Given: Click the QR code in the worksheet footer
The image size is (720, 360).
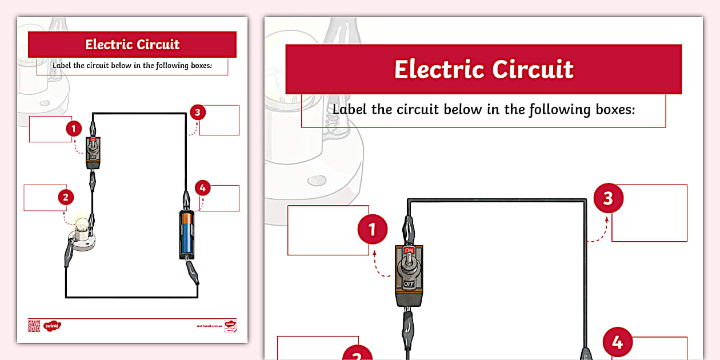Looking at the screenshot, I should click(34, 326).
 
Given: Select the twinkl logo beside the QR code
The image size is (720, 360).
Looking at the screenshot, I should click(52, 326).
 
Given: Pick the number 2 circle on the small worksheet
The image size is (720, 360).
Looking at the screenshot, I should click(66, 198).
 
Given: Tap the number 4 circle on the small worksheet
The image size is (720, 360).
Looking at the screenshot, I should click(202, 187).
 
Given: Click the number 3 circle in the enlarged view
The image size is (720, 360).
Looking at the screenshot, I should click(608, 198).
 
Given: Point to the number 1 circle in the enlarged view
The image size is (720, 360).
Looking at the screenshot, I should click(372, 230).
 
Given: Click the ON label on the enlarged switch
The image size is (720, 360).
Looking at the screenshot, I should click(409, 251).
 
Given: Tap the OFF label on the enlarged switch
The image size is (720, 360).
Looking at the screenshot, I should click(409, 283).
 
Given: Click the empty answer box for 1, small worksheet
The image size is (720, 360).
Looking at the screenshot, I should click(50, 129).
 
